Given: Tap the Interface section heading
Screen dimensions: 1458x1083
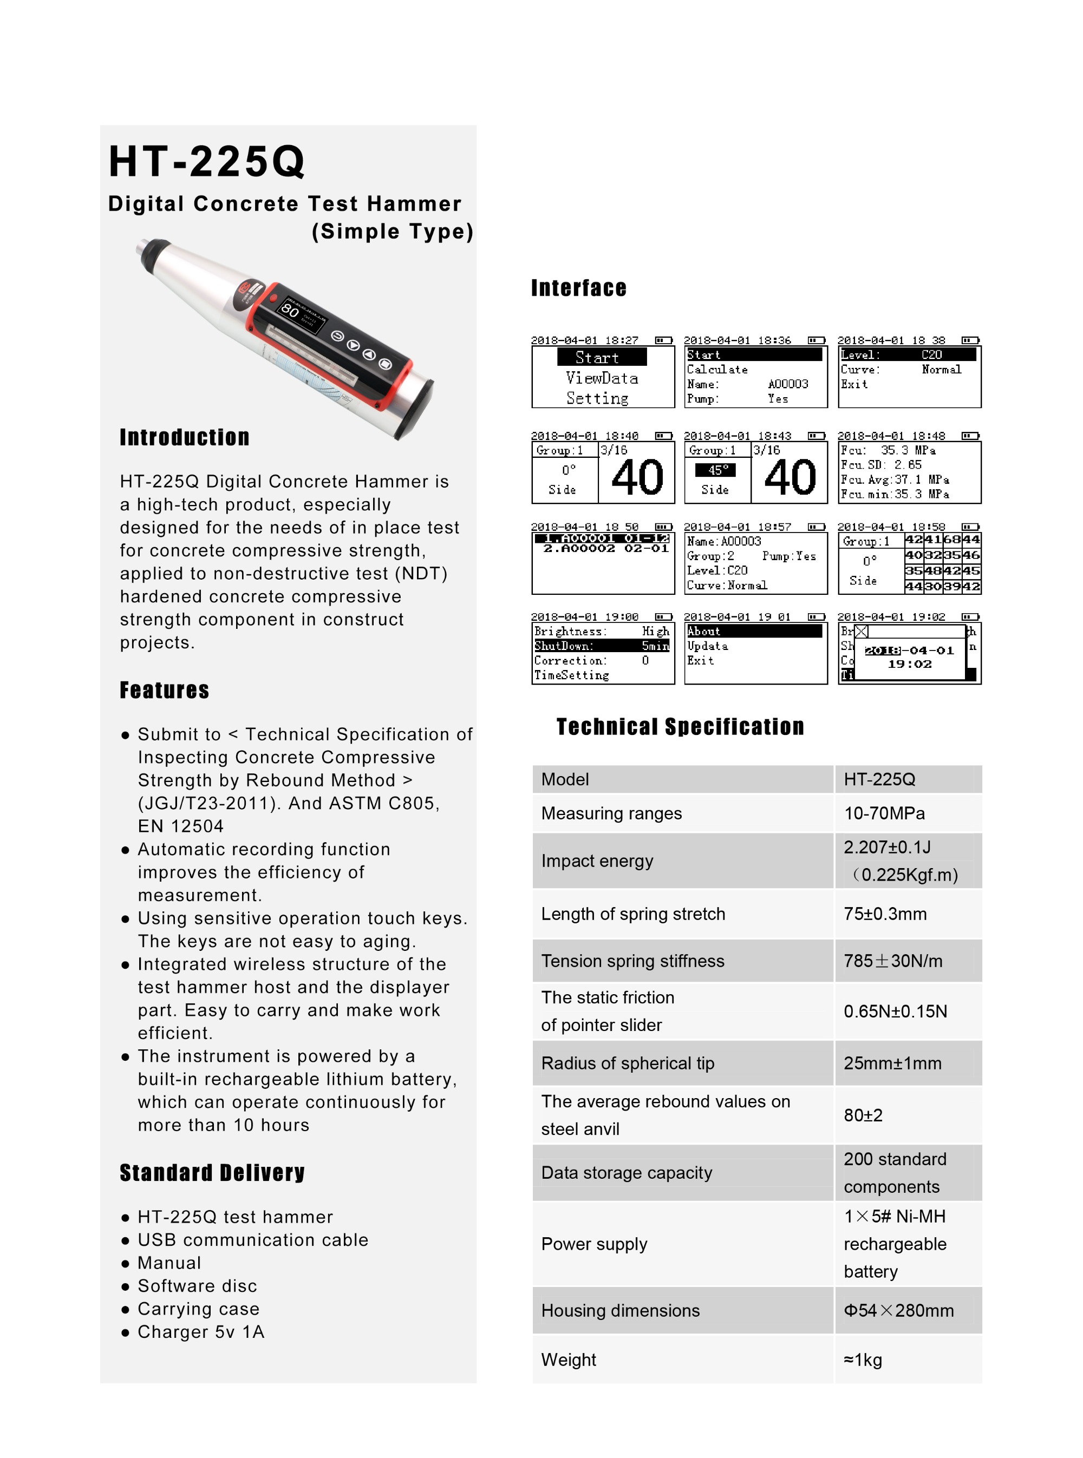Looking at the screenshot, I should coord(578,288).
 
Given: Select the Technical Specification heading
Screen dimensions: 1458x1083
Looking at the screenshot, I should coord(680,727).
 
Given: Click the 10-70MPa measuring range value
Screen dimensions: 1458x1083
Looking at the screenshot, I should coord(884,813).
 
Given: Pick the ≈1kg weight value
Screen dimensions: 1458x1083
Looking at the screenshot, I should coord(863,1360).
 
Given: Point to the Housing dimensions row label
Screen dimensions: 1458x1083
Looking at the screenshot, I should coord(620,1311).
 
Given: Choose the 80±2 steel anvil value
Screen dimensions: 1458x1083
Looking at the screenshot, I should coord(863,1115).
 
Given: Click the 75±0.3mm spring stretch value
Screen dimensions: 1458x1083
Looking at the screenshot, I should coord(885,914).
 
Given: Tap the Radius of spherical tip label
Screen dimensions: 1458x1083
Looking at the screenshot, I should coord(628,1063).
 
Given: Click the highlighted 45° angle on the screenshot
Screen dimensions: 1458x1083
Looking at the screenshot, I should coord(715,470).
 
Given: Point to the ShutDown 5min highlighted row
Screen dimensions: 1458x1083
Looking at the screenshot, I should coord(602,646).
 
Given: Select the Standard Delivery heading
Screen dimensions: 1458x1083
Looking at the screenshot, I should coord(212,1173).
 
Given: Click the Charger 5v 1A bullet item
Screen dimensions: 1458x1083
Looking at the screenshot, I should coord(200,1331).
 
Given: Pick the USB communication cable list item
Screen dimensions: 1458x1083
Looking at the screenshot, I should coord(252,1240).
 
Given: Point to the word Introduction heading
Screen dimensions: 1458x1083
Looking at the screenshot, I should coord(184,437).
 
